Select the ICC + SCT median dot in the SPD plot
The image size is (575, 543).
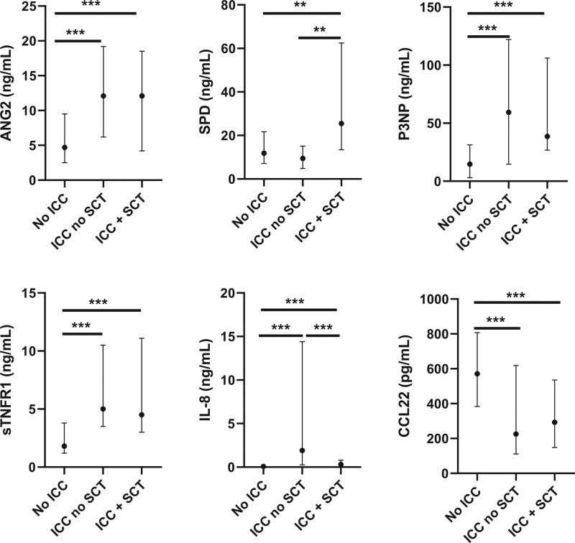pos(341,124)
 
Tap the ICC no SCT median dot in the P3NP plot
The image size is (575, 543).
pos(508,112)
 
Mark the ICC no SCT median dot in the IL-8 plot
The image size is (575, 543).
pos(302,450)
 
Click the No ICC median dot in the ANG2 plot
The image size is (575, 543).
pos(65,147)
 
